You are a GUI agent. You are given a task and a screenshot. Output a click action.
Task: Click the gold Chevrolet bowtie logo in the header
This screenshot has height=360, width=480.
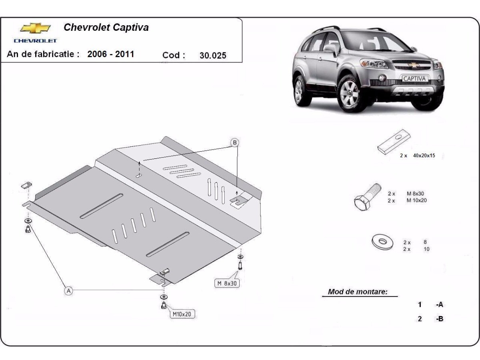tap(36, 28)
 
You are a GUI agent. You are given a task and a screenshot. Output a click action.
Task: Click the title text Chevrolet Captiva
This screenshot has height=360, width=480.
tap(106, 28)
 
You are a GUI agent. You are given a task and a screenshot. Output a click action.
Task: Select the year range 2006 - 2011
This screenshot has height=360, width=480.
tap(111, 54)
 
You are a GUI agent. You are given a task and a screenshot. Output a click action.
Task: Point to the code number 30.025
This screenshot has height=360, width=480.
tap(213, 56)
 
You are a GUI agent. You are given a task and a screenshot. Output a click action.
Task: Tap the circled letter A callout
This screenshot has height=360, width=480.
tap(69, 291)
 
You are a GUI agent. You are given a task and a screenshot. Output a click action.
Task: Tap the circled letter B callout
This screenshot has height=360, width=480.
tap(235, 142)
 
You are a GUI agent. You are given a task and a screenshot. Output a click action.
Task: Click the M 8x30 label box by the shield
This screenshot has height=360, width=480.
tap(227, 284)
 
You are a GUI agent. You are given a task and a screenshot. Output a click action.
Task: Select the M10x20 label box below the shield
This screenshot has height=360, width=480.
tap(182, 314)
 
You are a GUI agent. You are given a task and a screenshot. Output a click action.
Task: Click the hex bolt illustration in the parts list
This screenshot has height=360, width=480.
tap(367, 197)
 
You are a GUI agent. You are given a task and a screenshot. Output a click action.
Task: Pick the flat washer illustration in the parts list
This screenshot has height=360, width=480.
tap(382, 242)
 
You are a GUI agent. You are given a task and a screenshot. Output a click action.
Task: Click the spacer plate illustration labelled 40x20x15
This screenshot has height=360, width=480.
tap(394, 142)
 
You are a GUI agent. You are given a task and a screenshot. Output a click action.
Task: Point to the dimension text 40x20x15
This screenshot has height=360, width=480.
tap(424, 156)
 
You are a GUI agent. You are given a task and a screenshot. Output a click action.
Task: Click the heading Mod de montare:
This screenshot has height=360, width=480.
tap(358, 292)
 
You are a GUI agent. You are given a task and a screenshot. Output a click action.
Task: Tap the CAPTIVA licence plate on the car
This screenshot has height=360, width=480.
tap(414, 79)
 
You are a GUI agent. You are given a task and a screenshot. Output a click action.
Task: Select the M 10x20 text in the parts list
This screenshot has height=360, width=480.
tap(416, 200)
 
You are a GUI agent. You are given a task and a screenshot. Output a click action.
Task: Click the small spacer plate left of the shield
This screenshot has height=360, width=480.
tap(27, 185)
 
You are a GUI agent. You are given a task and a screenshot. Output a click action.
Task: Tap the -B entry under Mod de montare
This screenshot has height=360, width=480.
tap(440, 319)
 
